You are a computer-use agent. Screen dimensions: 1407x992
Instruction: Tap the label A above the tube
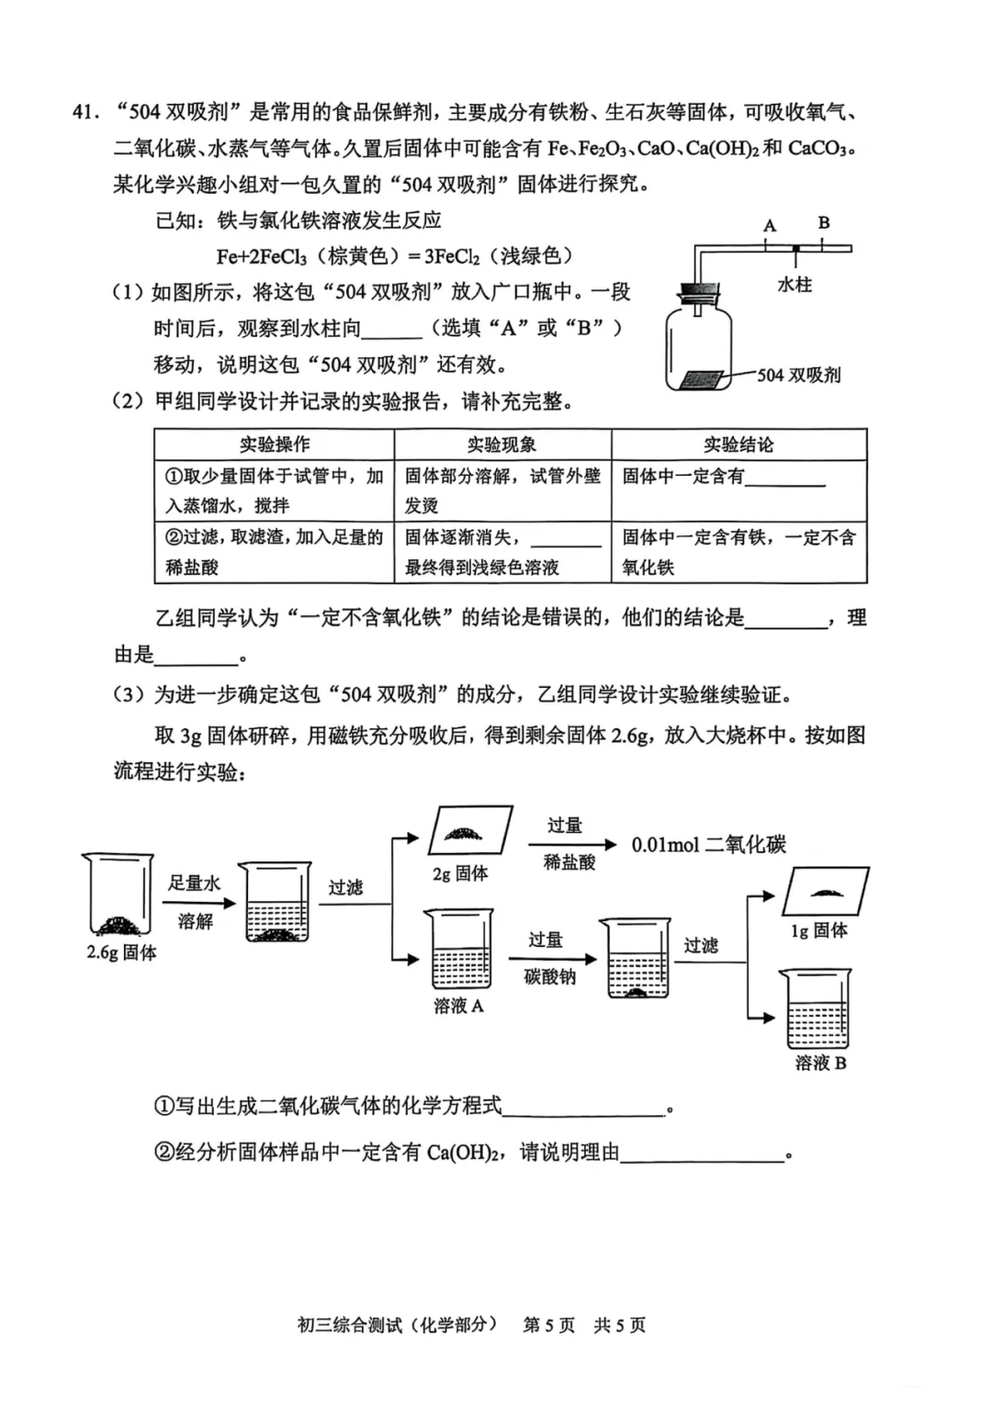[x=769, y=225]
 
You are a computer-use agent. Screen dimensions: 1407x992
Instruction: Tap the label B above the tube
[x=824, y=222]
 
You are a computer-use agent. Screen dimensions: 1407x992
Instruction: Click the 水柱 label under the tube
[x=795, y=285]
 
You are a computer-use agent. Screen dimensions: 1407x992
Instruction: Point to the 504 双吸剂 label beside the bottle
[x=798, y=375]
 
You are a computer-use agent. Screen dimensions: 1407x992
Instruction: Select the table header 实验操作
[x=274, y=445]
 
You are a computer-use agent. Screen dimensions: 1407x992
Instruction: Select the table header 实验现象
[x=502, y=445]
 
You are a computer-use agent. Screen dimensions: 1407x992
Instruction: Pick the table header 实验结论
[x=738, y=445]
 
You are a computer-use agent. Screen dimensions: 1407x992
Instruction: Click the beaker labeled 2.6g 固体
[x=117, y=894]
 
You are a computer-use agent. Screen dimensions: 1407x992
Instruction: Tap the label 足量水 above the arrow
[x=194, y=884]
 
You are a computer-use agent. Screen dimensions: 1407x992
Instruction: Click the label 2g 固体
[x=459, y=873]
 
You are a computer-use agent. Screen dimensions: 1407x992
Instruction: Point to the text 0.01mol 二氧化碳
[x=708, y=845]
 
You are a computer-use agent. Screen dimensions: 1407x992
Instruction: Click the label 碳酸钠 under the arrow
[x=549, y=977]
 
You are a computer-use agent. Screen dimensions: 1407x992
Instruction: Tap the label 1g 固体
[x=819, y=930]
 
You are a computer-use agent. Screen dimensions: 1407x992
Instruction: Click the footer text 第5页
[x=548, y=1324]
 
